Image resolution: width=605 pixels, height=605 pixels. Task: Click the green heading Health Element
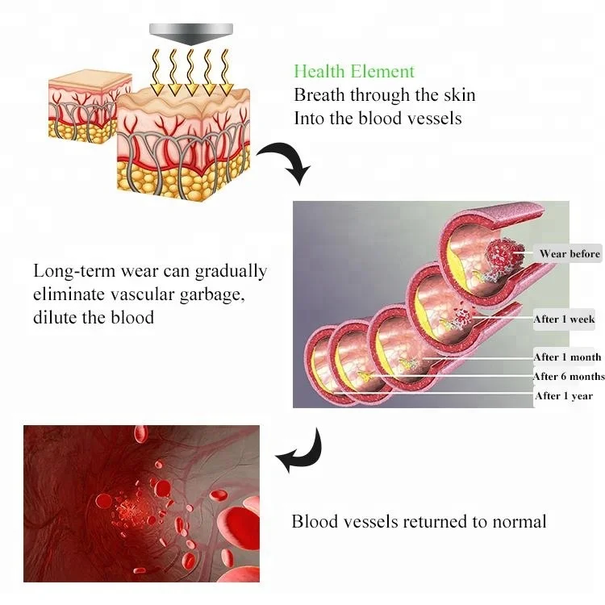[x=354, y=72]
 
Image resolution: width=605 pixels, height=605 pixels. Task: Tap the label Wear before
[x=570, y=254]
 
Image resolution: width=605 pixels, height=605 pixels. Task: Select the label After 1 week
[x=564, y=319]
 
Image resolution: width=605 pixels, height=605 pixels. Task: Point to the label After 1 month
[x=567, y=357]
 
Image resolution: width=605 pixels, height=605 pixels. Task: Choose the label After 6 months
[x=569, y=377]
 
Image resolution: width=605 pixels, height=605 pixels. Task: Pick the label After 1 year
[x=564, y=396]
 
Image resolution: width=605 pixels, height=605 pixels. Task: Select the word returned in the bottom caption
[x=422, y=521]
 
